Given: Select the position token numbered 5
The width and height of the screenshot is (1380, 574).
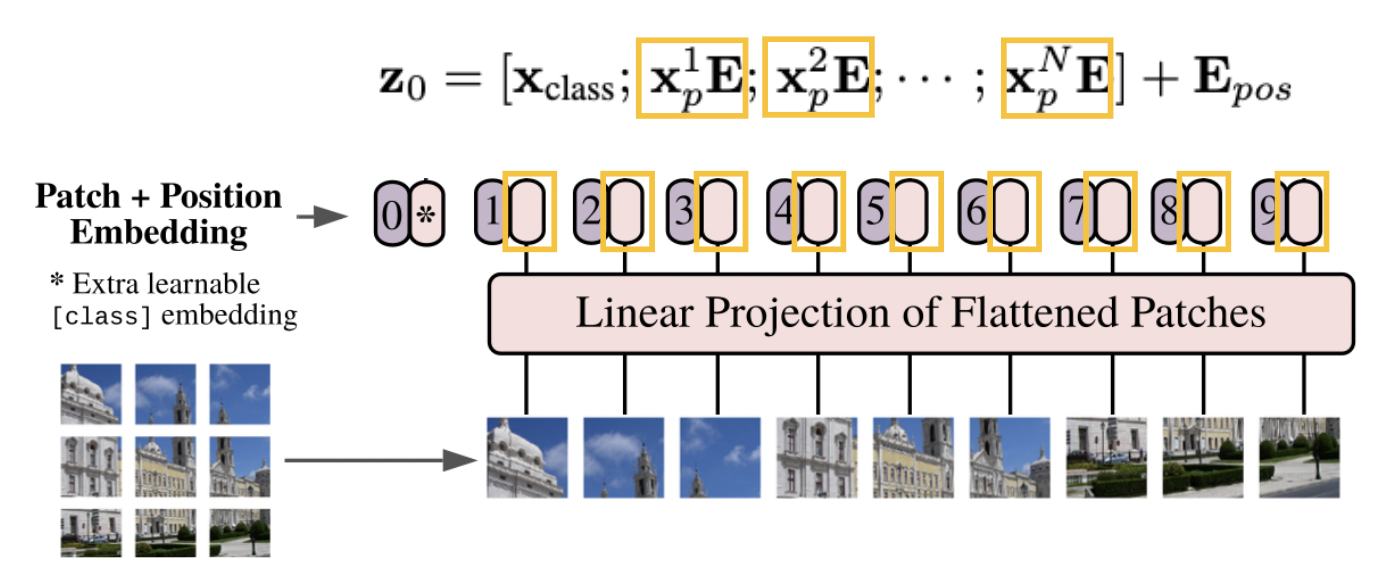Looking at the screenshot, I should [875, 212].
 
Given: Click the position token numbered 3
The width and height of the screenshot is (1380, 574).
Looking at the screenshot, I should [682, 212].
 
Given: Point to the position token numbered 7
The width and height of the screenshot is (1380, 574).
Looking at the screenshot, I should [1073, 212].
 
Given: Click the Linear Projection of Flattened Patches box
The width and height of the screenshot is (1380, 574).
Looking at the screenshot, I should [920, 313].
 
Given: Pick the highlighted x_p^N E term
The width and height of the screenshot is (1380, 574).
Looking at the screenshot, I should [1057, 80].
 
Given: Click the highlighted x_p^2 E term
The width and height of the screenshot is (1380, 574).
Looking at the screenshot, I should [818, 80].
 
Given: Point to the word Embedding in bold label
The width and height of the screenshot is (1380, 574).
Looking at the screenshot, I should [159, 232].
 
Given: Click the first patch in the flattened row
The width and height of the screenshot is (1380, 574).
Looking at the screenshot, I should [527, 457].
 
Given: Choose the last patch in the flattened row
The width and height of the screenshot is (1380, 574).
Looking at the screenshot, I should [1298, 457].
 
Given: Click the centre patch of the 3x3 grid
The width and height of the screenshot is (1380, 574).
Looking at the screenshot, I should [165, 464].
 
